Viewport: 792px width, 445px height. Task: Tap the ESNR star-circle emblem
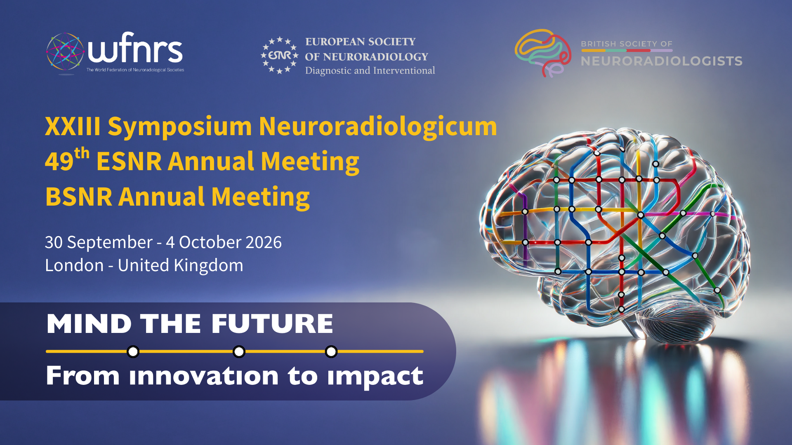pos(280,55)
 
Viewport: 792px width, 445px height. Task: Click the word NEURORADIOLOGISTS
pos(662,61)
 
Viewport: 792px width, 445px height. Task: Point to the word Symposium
pos(179,126)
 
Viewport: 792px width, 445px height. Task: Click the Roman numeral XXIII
pos(73,126)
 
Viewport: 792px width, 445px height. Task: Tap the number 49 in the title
pos(59,162)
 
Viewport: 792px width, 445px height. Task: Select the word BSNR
pos(79,197)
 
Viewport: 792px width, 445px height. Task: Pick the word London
pos(74,265)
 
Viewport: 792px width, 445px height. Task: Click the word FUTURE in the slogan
pos(272,323)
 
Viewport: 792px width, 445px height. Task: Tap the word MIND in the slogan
pos(89,323)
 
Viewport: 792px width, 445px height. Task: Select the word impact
pos(375,377)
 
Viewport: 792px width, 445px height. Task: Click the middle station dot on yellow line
pos(239,351)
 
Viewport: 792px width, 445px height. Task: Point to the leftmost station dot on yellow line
pos(133,351)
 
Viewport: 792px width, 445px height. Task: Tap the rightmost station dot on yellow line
pos(331,351)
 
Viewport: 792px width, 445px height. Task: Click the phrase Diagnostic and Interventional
pos(370,71)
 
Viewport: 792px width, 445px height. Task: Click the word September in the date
pos(110,243)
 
